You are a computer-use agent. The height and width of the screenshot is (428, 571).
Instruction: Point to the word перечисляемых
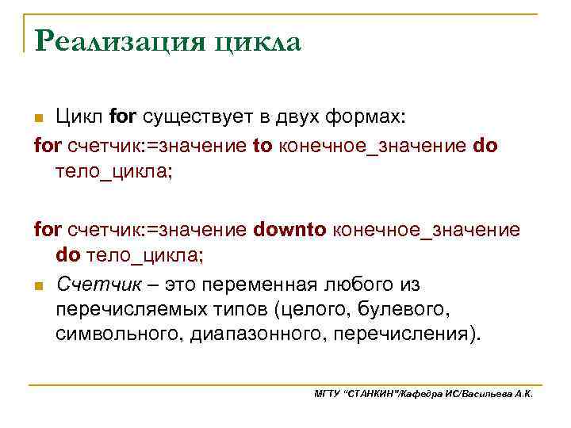pyautogui.click(x=136, y=308)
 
